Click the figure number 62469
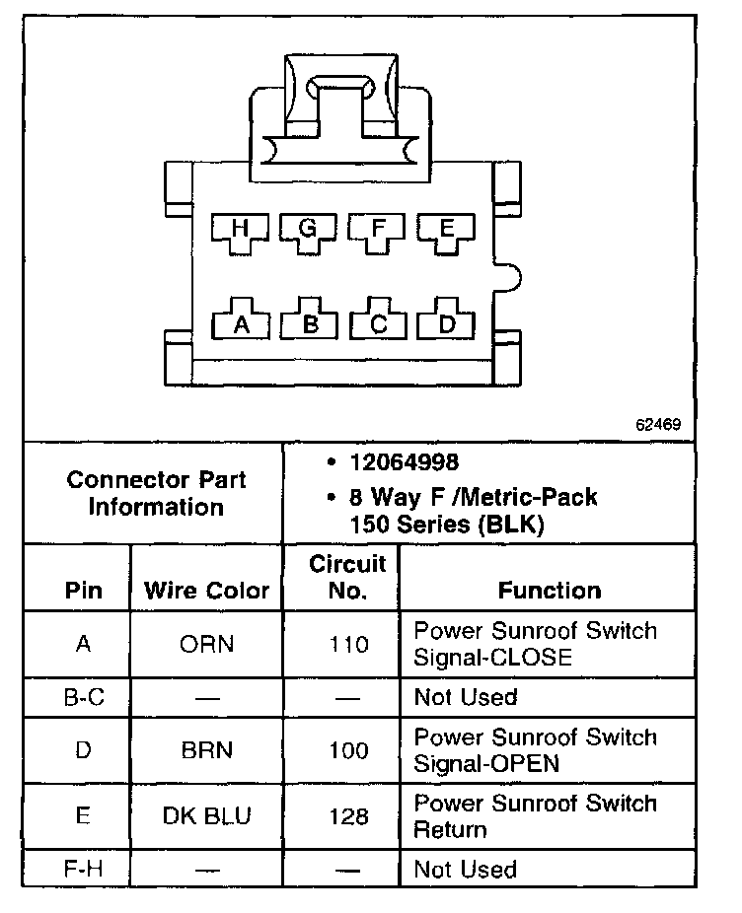(x=658, y=426)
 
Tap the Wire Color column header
(x=206, y=591)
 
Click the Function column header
(x=549, y=591)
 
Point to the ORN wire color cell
(x=206, y=645)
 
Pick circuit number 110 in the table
(x=350, y=645)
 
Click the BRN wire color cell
(x=206, y=750)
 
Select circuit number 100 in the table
(x=350, y=750)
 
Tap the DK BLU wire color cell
(x=206, y=816)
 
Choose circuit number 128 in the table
(x=350, y=816)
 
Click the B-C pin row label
(x=84, y=697)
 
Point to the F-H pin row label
(x=84, y=869)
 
